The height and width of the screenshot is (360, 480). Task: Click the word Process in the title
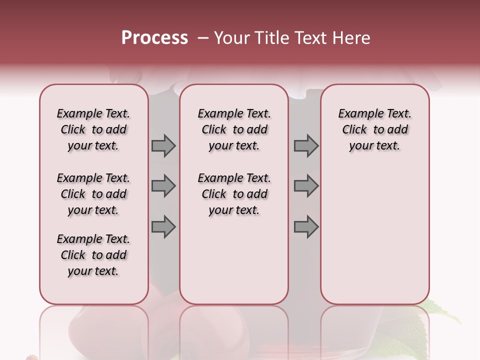pyautogui.click(x=154, y=37)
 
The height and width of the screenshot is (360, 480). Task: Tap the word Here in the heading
pyautogui.click(x=352, y=37)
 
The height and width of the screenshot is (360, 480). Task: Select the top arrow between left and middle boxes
pyautogui.click(x=163, y=145)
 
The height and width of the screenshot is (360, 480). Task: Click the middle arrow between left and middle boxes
pyautogui.click(x=163, y=186)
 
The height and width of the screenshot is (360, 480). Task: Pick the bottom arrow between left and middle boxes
pyautogui.click(x=163, y=227)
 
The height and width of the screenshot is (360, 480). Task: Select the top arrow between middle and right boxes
pyautogui.click(x=306, y=145)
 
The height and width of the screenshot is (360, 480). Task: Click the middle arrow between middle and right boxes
pyautogui.click(x=306, y=186)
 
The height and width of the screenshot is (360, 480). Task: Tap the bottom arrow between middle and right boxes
pyautogui.click(x=306, y=227)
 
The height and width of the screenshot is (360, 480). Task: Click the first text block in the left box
pyautogui.click(x=93, y=129)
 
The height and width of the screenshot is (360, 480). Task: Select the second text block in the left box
pyautogui.click(x=93, y=194)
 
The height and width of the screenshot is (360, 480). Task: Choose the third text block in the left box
pyautogui.click(x=93, y=255)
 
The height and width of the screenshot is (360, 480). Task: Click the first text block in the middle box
pyautogui.click(x=234, y=129)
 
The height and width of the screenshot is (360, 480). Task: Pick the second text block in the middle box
pyautogui.click(x=234, y=194)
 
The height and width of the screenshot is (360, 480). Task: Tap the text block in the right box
pyautogui.click(x=374, y=129)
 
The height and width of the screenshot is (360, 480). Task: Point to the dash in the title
pyautogui.click(x=203, y=38)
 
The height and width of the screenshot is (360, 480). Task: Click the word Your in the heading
pyautogui.click(x=231, y=37)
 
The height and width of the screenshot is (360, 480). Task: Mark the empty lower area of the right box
pyautogui.click(x=374, y=235)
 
